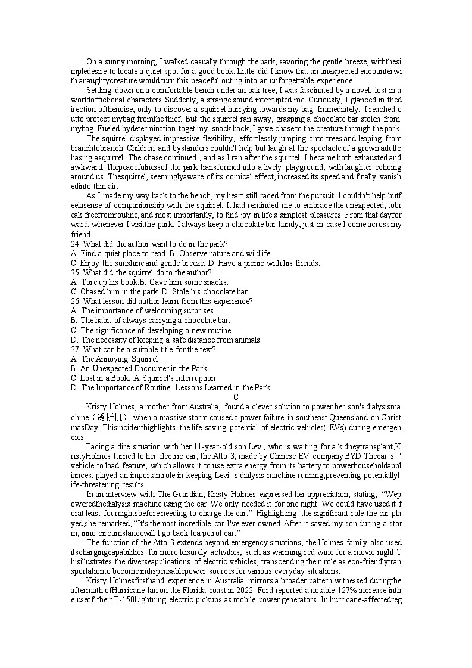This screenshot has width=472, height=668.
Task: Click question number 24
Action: pyautogui.click(x=76, y=244)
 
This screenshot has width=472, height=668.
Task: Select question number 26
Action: pyautogui.click(x=76, y=301)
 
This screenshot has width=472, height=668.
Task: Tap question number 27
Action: pyautogui.click(x=76, y=349)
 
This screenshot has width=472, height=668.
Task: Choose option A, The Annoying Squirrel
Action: pyautogui.click(x=114, y=359)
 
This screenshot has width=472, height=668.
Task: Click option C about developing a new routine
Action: pyautogui.click(x=151, y=330)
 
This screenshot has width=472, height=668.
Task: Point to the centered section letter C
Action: pyautogui.click(x=236, y=397)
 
